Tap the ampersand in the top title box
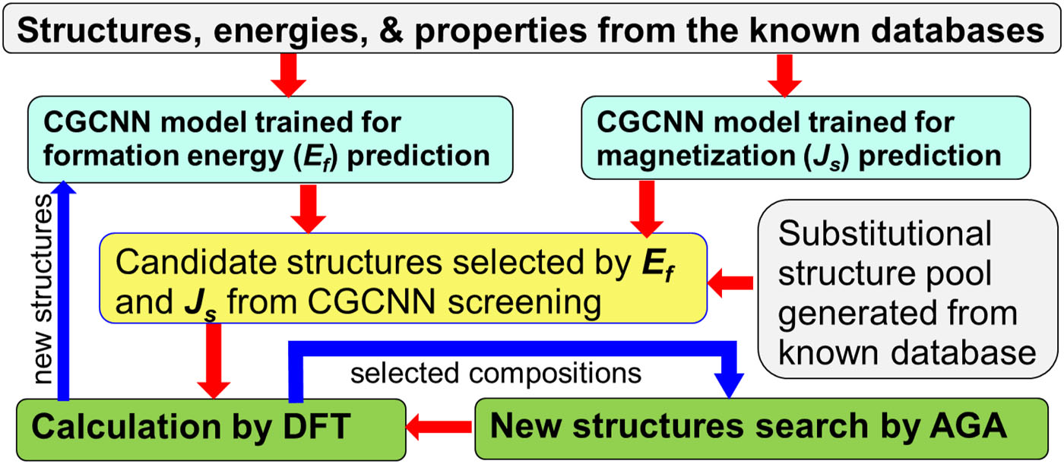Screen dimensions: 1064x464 pyautogui.click(x=391, y=30)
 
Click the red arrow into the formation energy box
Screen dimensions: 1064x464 pyautogui.click(x=288, y=75)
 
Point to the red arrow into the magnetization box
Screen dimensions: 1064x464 pyautogui.click(x=784, y=75)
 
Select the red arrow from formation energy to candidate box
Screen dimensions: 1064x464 pyautogui.click(x=309, y=209)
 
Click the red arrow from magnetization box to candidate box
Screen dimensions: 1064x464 pyautogui.click(x=647, y=209)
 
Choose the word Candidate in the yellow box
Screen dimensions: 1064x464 pyautogui.click(x=196, y=262)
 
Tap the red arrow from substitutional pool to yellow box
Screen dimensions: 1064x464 pyautogui.click(x=730, y=283)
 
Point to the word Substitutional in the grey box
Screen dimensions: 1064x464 pyautogui.click(x=885, y=233)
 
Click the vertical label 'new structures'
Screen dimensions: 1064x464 pyautogui.click(x=43, y=289)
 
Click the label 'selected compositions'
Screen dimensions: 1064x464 pyautogui.click(x=496, y=374)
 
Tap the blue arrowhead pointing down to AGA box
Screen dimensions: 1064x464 pyautogui.click(x=729, y=386)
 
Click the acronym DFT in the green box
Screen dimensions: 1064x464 pyautogui.click(x=317, y=427)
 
